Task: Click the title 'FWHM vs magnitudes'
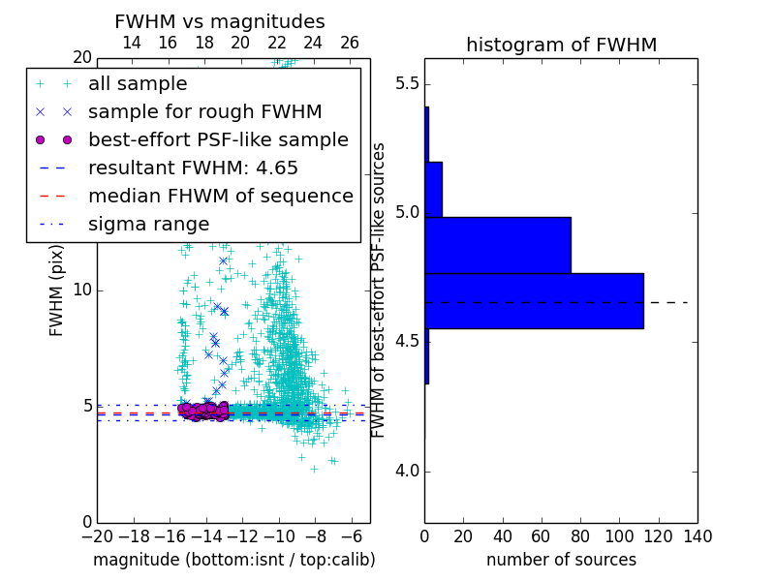click(x=220, y=21)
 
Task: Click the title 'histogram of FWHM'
click(x=561, y=45)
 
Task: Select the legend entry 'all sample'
click(x=137, y=83)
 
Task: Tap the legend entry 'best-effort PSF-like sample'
click(x=218, y=139)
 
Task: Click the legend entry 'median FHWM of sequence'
click(x=220, y=196)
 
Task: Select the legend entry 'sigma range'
click(x=148, y=224)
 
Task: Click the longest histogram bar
click(x=534, y=301)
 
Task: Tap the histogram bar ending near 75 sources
click(x=497, y=245)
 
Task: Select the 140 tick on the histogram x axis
click(x=697, y=536)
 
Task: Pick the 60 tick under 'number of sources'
click(x=542, y=536)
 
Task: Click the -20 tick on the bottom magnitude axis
click(x=97, y=536)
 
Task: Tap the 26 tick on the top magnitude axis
click(x=350, y=43)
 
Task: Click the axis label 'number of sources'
click(x=561, y=560)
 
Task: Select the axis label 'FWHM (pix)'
click(x=57, y=290)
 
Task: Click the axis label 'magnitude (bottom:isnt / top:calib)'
click(x=233, y=560)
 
